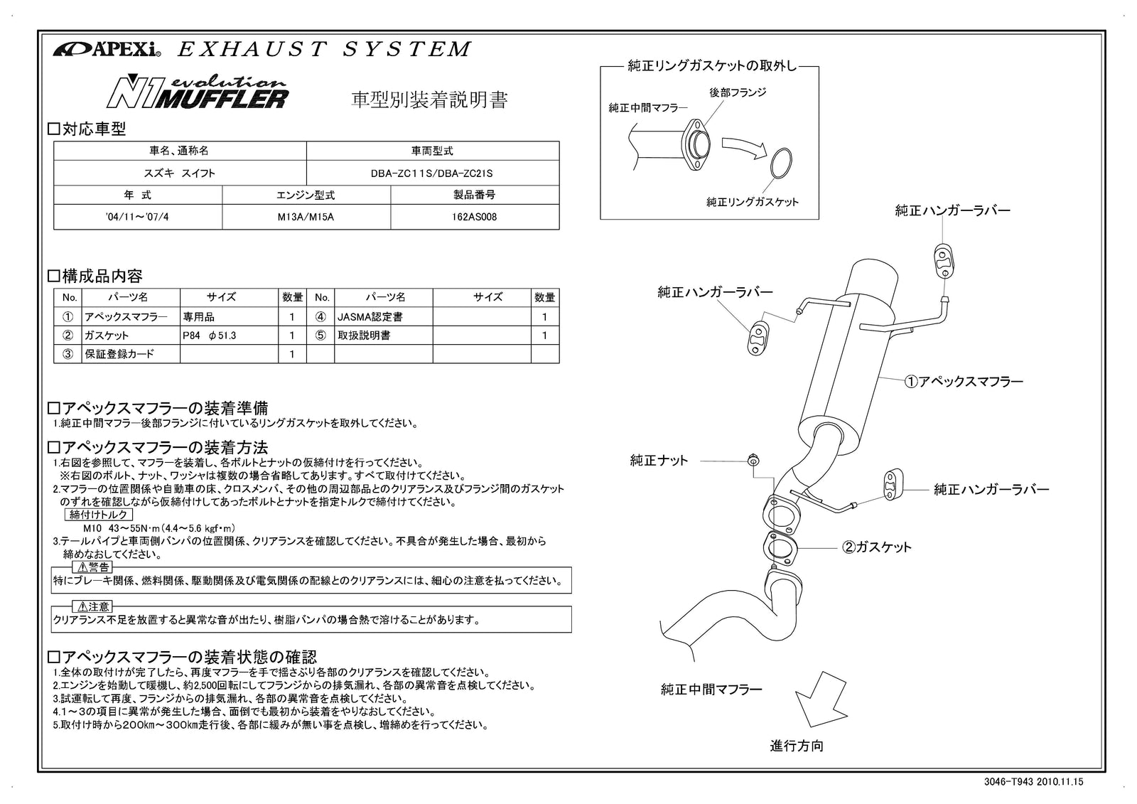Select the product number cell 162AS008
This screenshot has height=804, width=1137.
(x=474, y=218)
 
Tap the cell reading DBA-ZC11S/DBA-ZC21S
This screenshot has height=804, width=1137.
(x=431, y=173)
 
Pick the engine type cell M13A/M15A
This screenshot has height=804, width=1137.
(x=306, y=218)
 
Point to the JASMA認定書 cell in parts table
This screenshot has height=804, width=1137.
(x=365, y=317)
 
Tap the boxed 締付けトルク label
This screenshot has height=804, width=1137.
(x=98, y=515)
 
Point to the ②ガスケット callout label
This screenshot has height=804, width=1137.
(x=876, y=547)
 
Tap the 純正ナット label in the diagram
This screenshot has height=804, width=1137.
(x=659, y=461)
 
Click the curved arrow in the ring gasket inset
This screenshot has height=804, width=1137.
(x=743, y=145)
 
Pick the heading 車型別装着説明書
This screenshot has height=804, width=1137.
(x=430, y=100)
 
